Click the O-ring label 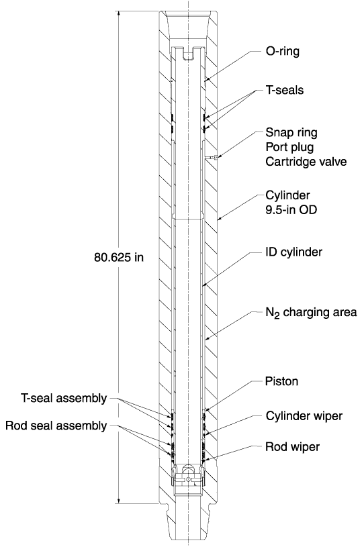point(282,52)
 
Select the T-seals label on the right point(285,90)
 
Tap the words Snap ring point(291,133)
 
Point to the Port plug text point(289,147)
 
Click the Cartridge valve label point(306,161)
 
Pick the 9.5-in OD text point(291,209)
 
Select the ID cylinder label point(293,252)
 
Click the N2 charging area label point(311,312)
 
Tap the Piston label point(281,381)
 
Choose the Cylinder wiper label point(304,416)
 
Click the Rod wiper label point(293,447)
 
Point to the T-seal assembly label point(64,399)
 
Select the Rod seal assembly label point(56,426)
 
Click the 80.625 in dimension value point(119,257)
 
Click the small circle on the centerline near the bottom point(189,479)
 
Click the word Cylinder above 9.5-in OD point(287,195)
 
